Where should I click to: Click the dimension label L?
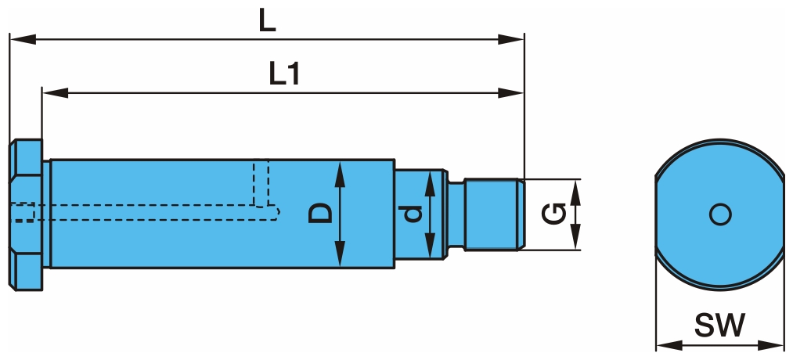click(268, 21)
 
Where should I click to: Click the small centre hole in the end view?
click(719, 214)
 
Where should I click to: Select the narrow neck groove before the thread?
click(456, 214)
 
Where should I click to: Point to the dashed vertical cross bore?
click(261, 184)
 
